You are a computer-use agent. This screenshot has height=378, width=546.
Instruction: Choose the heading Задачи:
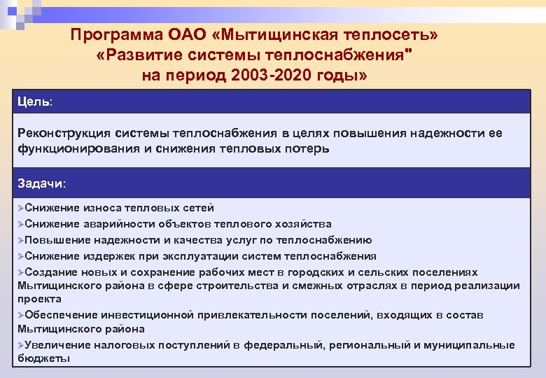click(x=41, y=183)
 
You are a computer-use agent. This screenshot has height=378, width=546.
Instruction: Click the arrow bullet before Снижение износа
click(x=21, y=208)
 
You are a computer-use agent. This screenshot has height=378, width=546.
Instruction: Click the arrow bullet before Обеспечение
click(x=21, y=315)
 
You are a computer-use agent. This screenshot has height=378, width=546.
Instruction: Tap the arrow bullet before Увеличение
click(x=21, y=345)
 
